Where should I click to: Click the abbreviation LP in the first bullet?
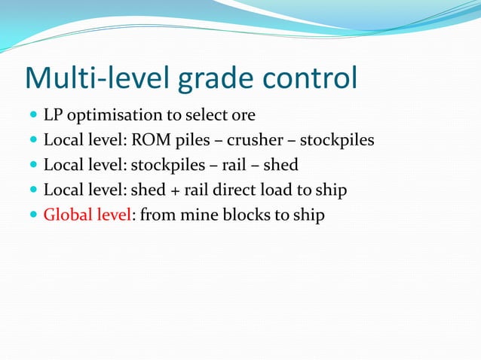[x=53, y=115]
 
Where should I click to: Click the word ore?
[x=243, y=116]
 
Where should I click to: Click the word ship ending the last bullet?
[x=308, y=215]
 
